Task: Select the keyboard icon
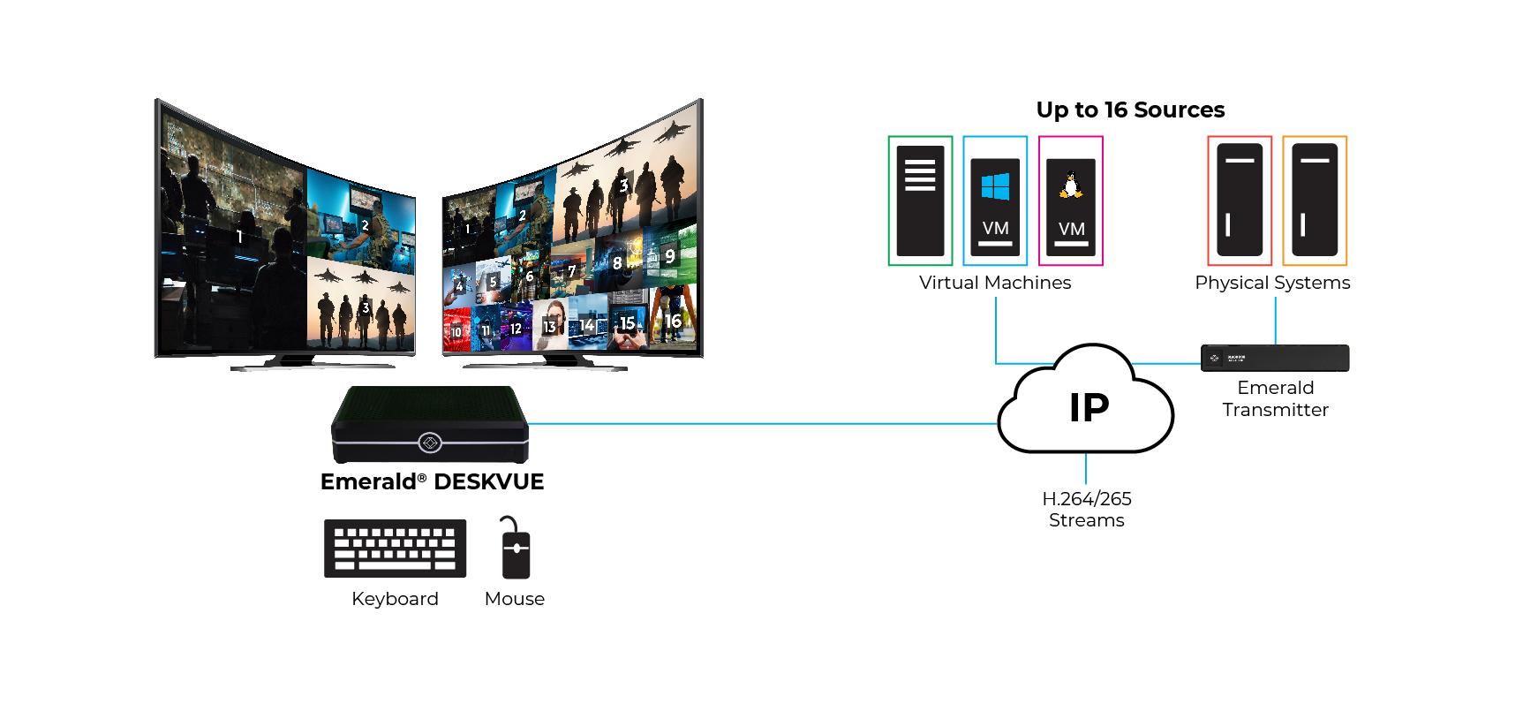[395, 549]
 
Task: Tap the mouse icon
[515, 548]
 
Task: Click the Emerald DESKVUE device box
[430, 426]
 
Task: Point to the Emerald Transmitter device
[1275, 358]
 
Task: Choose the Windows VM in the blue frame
[995, 201]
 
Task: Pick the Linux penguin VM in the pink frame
[1071, 201]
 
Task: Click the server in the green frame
[920, 201]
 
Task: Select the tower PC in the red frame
[1240, 201]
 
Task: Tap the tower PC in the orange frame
[1315, 201]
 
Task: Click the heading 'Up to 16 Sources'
[1130, 110]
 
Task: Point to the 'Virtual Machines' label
[995, 283]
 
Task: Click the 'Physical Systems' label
[1272, 283]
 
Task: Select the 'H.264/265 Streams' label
[1087, 510]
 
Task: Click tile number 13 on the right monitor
[549, 327]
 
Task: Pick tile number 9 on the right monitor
[670, 255]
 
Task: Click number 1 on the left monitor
[239, 237]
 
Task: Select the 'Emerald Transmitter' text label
[1275, 398]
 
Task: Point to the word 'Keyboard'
[395, 599]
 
